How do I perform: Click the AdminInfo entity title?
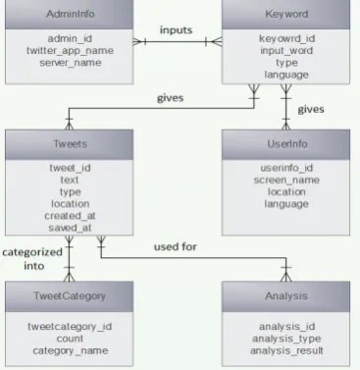pyautogui.click(x=71, y=14)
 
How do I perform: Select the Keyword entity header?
pyautogui.click(x=286, y=14)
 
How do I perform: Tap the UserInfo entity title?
pyautogui.click(x=287, y=144)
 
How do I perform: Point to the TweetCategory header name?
pyautogui.click(x=70, y=295)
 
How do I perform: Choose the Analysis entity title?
pyautogui.click(x=286, y=295)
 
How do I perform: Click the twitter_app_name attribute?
pyautogui.click(x=70, y=51)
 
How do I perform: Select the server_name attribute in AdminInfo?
pyautogui.click(x=71, y=63)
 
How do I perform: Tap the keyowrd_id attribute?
pyautogui.click(x=286, y=38)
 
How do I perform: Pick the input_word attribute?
pyautogui.click(x=286, y=51)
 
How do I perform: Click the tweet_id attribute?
pyautogui.click(x=70, y=168)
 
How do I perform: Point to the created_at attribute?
pyautogui.click(x=70, y=216)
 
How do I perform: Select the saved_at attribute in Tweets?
pyautogui.click(x=70, y=228)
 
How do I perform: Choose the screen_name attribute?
pyautogui.click(x=286, y=180)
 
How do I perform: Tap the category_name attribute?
pyautogui.click(x=70, y=350)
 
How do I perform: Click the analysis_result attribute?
pyautogui.click(x=286, y=350)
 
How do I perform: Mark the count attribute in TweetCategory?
pyautogui.click(x=70, y=339)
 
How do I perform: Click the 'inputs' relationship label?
pyautogui.click(x=176, y=30)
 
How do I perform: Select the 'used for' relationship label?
pyautogui.click(x=176, y=246)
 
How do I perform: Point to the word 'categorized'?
pyautogui.click(x=32, y=252)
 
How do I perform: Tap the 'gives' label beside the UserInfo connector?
pyautogui.click(x=311, y=109)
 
